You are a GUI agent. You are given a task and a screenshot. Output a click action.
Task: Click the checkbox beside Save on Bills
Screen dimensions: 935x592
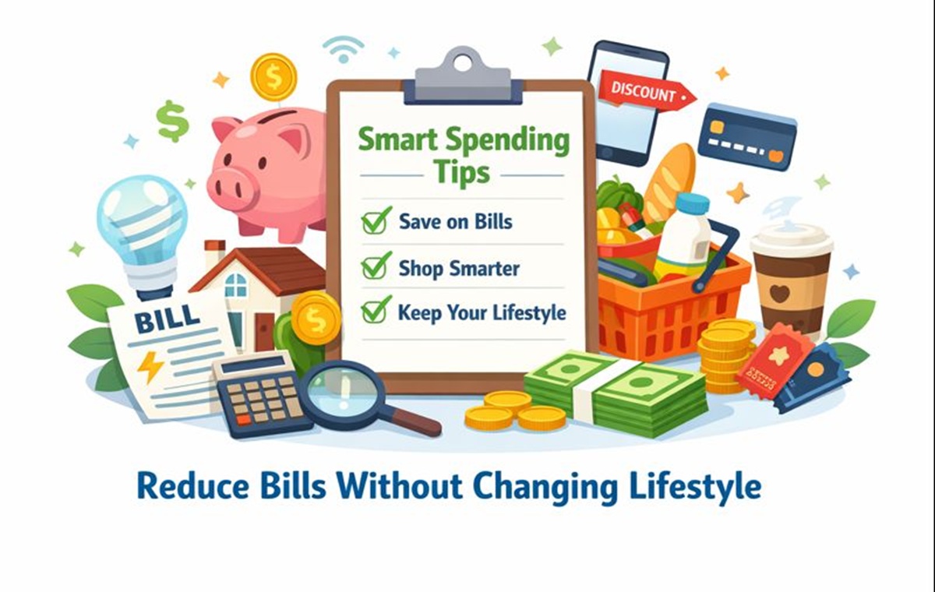point(375,220)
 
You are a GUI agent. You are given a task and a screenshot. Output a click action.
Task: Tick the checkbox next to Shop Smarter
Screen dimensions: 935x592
point(375,266)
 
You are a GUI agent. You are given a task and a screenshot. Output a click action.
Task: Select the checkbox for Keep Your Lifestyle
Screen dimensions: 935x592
point(375,310)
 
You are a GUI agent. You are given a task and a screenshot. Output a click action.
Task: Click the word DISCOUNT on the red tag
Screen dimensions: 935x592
point(644,92)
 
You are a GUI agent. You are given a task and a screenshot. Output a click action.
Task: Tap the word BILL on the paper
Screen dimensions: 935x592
point(168,319)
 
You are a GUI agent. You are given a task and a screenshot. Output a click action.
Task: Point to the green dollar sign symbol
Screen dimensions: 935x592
point(172,121)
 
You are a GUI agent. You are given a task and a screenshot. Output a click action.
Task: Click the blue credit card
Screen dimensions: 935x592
point(747,137)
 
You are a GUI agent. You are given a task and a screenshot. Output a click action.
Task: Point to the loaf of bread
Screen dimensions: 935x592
point(669,183)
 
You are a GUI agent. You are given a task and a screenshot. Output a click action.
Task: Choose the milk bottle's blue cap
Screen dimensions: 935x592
point(693,203)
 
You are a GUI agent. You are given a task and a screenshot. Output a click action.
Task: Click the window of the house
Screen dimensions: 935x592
point(236,285)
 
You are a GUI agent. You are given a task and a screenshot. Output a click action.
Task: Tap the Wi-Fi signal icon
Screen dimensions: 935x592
point(344,49)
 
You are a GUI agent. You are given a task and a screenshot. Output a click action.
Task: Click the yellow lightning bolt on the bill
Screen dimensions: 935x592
point(150,367)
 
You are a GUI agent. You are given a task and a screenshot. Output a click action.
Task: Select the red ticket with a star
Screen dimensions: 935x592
point(775,361)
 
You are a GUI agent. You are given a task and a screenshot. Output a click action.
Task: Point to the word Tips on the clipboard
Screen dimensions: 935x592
point(461,171)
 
